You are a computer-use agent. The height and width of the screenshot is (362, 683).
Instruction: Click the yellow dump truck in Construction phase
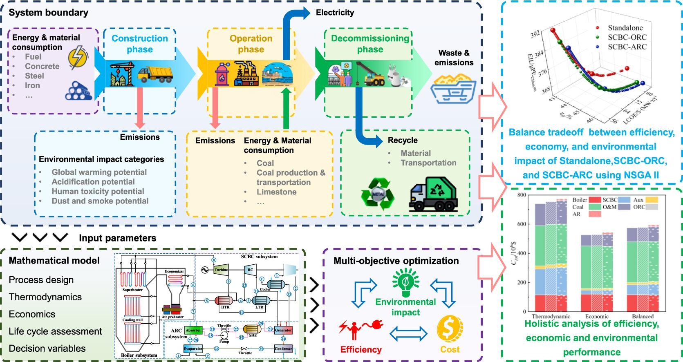(155, 75)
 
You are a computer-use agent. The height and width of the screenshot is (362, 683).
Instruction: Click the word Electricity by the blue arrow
(335, 13)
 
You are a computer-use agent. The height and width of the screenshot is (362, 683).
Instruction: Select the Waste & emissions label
(454, 58)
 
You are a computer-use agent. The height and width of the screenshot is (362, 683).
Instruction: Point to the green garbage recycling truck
(433, 193)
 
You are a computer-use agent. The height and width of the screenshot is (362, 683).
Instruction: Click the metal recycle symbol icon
(377, 194)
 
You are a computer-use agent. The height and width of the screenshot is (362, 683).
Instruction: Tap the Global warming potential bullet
(99, 172)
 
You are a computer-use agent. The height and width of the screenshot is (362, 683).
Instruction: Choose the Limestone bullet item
(276, 192)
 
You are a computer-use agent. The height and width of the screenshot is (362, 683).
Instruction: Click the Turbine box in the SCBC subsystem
(221, 270)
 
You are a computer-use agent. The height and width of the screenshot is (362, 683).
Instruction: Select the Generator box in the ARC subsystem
(283, 330)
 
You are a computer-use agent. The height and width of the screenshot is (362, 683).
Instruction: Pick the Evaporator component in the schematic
(193, 349)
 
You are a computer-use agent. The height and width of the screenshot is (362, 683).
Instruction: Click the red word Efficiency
(361, 349)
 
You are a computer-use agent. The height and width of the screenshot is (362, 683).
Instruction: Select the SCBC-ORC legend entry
(627, 37)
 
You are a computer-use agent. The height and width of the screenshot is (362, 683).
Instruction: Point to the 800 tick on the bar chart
(521, 195)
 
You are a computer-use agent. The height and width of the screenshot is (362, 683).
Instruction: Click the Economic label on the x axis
(597, 316)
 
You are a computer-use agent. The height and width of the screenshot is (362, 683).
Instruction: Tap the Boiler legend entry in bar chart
(580, 200)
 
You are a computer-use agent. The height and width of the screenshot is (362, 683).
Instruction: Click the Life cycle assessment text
(55, 331)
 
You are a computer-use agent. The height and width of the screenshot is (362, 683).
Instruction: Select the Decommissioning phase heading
(370, 44)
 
